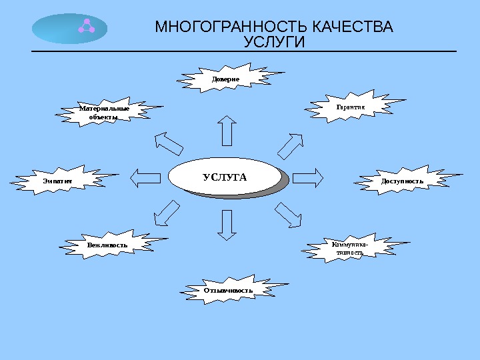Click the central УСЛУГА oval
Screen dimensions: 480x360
pyautogui.click(x=225, y=177)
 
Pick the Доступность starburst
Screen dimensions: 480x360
pyautogui.click(x=402, y=181)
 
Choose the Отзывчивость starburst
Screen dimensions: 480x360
pyautogui.click(x=229, y=291)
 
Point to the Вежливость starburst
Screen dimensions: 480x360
pyautogui.click(x=108, y=245)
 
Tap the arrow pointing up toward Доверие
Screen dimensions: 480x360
pyautogui.click(x=227, y=131)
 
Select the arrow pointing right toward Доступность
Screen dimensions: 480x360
pyautogui.click(x=307, y=177)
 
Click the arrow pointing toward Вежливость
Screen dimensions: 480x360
pyautogui.click(x=167, y=213)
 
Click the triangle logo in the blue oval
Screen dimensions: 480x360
pyautogui.click(x=85, y=26)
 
